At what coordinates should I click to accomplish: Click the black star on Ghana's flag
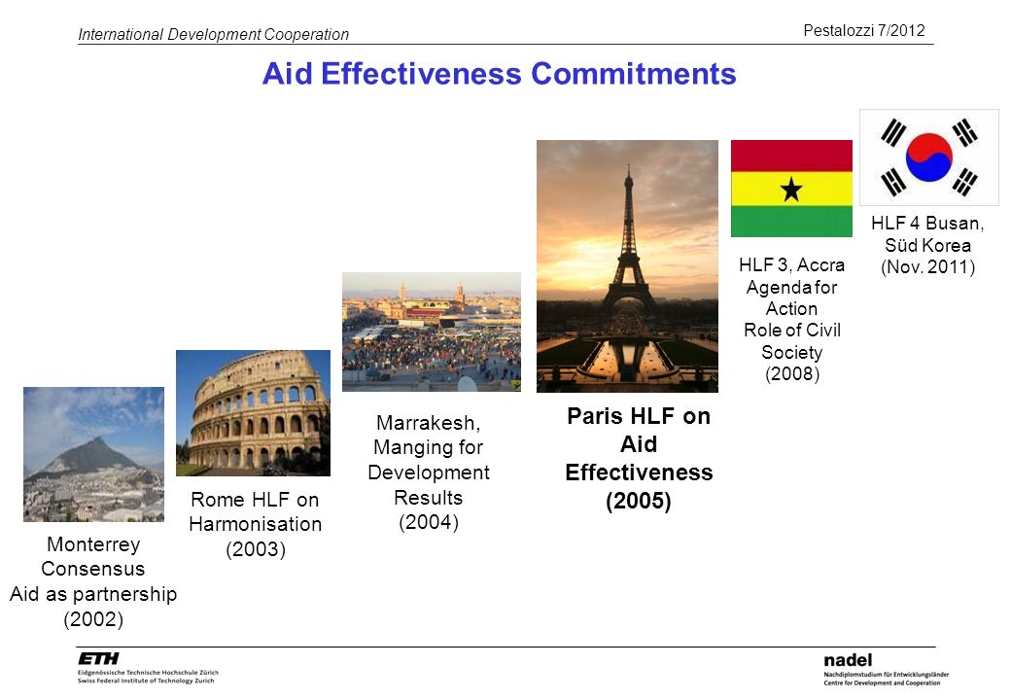point(791,190)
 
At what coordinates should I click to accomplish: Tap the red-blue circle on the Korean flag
point(928,157)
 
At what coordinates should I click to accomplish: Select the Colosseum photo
point(254,413)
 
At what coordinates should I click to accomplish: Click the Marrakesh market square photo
point(432,332)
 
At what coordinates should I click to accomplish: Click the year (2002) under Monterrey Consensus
point(93,619)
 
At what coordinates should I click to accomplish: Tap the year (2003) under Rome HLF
point(256,549)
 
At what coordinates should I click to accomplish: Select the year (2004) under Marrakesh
point(429,522)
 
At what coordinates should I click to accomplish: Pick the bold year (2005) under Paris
point(639,501)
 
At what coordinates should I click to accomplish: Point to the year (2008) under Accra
point(791,374)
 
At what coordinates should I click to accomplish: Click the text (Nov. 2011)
point(927,266)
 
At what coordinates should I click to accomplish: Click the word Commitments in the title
point(633,74)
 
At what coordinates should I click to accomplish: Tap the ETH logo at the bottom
point(98,658)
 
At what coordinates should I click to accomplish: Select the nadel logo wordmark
point(848,660)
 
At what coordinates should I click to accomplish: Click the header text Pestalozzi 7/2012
point(864,30)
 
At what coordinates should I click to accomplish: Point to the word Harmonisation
point(256,524)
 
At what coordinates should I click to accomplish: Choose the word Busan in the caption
point(955,224)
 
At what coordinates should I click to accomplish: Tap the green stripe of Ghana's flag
point(791,221)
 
